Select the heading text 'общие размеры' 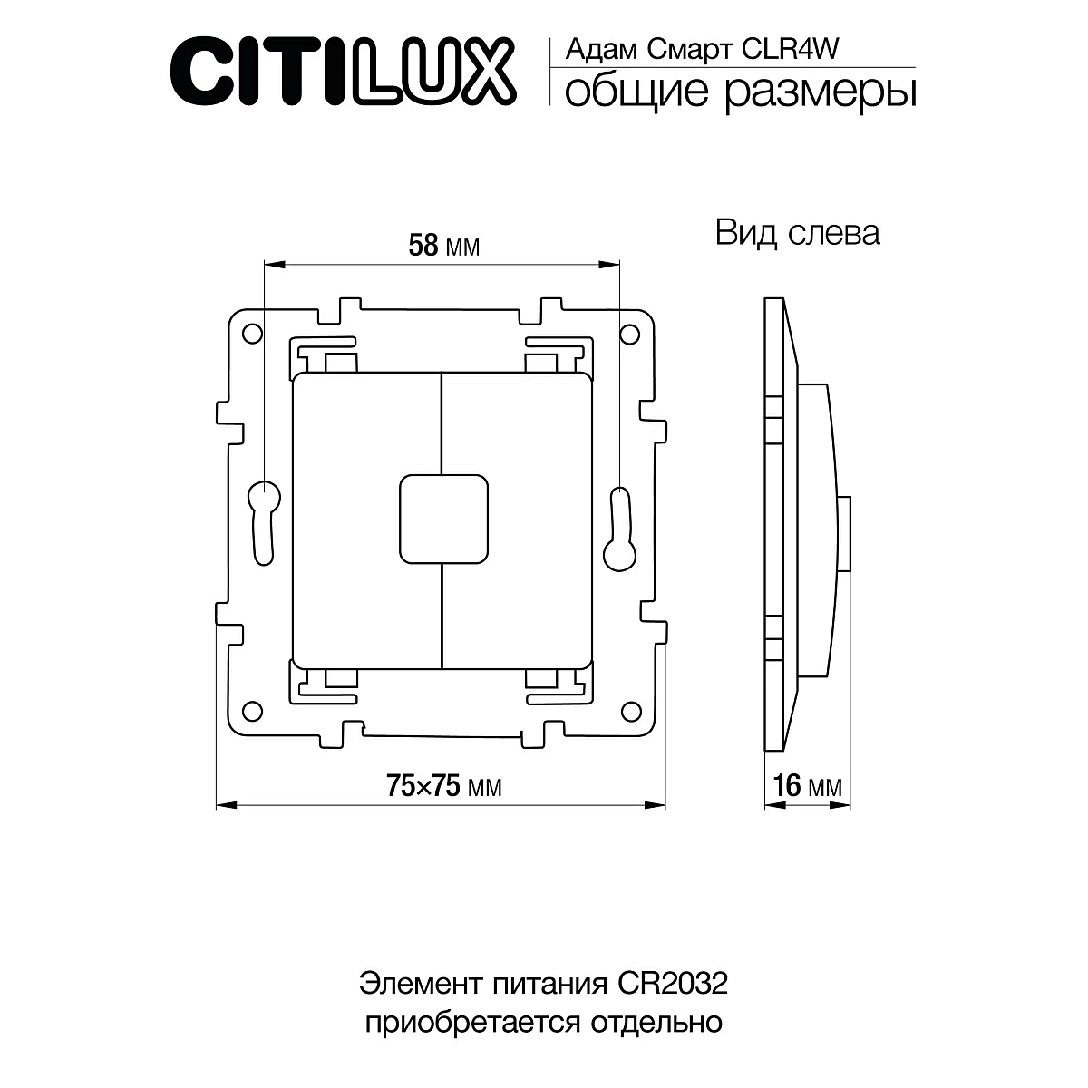pyautogui.click(x=739, y=91)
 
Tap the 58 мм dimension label pyautogui.click(x=443, y=246)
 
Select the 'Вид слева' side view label pyautogui.click(x=797, y=233)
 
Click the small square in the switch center pyautogui.click(x=443, y=518)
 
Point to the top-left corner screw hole pyautogui.click(x=251, y=333)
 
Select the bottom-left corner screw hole pyautogui.click(x=254, y=709)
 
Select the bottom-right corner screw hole pyautogui.click(x=630, y=709)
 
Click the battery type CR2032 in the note pyautogui.click(x=672, y=984)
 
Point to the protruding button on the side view pyautogui.click(x=845, y=535)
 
